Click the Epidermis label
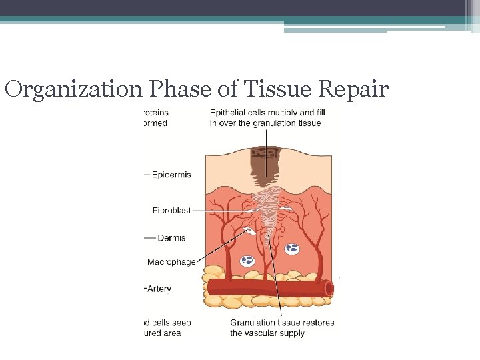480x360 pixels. coord(171,175)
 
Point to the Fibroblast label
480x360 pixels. coord(171,210)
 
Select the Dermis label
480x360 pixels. coord(171,237)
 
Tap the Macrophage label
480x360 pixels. coord(171,262)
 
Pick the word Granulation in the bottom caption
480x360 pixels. coord(254,323)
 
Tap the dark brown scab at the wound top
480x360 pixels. coord(265,160)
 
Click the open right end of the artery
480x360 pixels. coord(329,288)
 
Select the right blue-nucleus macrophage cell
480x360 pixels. coord(291,249)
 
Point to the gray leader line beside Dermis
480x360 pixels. coord(149,237)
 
